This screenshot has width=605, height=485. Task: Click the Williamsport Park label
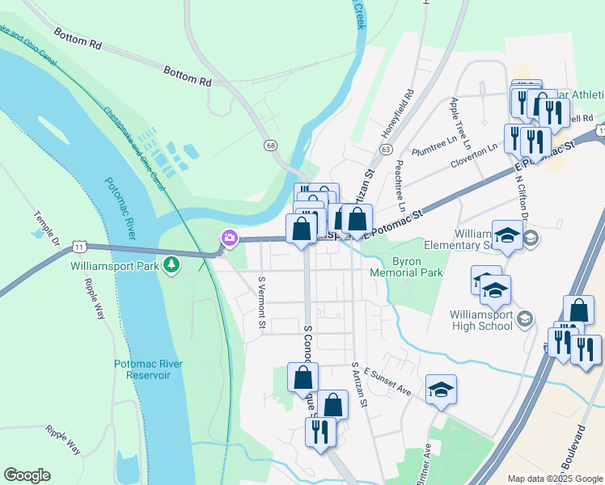[x=115, y=265]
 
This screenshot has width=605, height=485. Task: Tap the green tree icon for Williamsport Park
[x=171, y=264]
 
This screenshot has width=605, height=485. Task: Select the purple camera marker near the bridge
[x=230, y=238]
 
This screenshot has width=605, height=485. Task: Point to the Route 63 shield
[x=385, y=150]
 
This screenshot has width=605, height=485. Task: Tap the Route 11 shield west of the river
[x=78, y=244]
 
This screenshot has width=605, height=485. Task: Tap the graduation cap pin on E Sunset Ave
[x=441, y=390]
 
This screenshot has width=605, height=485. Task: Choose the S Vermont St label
[x=261, y=303]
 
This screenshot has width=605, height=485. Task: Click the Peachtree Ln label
[x=400, y=185]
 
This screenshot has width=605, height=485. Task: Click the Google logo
[x=27, y=475]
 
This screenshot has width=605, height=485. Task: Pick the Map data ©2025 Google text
[x=555, y=479]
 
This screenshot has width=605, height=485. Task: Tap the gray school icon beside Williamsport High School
[x=525, y=320]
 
